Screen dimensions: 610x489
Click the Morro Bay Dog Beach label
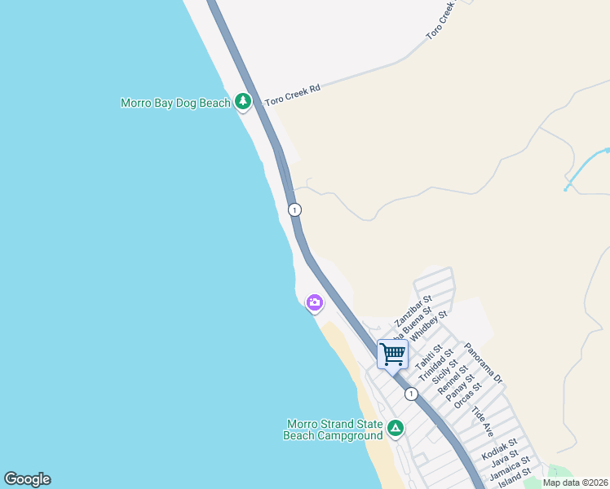pyautogui.click(x=175, y=104)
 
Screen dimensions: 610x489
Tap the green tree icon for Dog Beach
pyautogui.click(x=242, y=101)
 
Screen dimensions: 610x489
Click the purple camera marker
pyautogui.click(x=314, y=303)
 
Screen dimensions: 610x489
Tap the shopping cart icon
pyautogui.click(x=392, y=355)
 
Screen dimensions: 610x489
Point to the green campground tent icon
pyautogui.click(x=395, y=428)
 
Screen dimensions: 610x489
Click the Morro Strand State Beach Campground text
pyautogui.click(x=331, y=430)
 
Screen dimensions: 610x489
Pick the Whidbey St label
pyautogui.click(x=429, y=326)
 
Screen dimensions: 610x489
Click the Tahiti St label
pyautogui.click(x=427, y=356)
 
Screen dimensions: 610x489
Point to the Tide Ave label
pyautogui.click(x=483, y=417)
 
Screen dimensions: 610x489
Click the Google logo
pyautogui.click(x=27, y=478)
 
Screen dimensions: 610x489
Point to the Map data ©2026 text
pyautogui.click(x=576, y=482)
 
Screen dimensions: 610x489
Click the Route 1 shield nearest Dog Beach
pyautogui.click(x=294, y=209)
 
